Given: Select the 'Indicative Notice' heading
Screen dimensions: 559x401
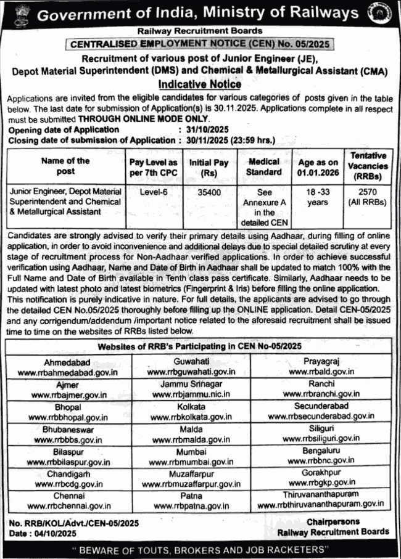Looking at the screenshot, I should point(200,85).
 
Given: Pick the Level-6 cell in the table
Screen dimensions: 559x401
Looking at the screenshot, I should point(153,192).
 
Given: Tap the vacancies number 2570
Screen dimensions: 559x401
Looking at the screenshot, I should point(368,192).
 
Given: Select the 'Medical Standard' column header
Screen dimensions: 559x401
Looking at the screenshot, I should point(263,166).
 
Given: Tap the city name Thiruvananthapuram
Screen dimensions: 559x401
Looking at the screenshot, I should point(321,494).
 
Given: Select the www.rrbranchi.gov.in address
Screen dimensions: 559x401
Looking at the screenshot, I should point(321,393).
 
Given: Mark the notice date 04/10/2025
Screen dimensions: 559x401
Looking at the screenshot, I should point(50,533).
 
